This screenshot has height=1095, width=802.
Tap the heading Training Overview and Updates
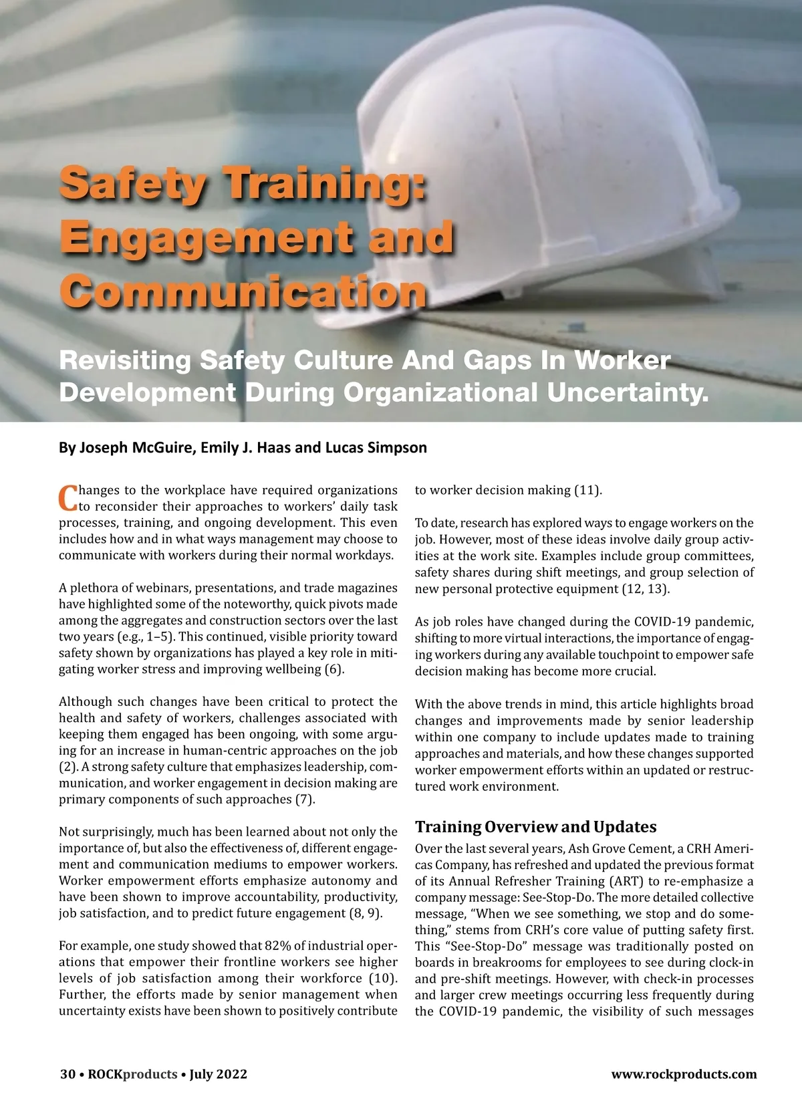point(535,827)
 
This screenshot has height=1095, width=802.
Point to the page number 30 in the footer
point(67,1074)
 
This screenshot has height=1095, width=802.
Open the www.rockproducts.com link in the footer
point(684,1074)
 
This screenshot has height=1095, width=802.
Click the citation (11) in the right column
point(588,490)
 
